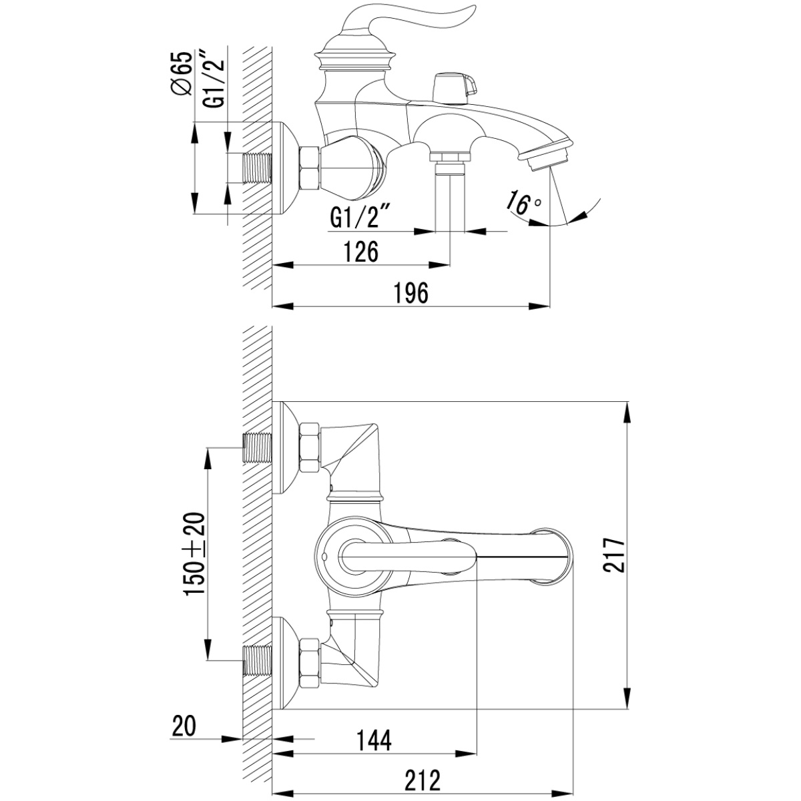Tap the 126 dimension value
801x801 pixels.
[x=361, y=252]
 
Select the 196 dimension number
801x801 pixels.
[x=411, y=293]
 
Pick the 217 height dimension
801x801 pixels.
[x=614, y=555]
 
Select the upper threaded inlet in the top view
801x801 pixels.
[x=257, y=448]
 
